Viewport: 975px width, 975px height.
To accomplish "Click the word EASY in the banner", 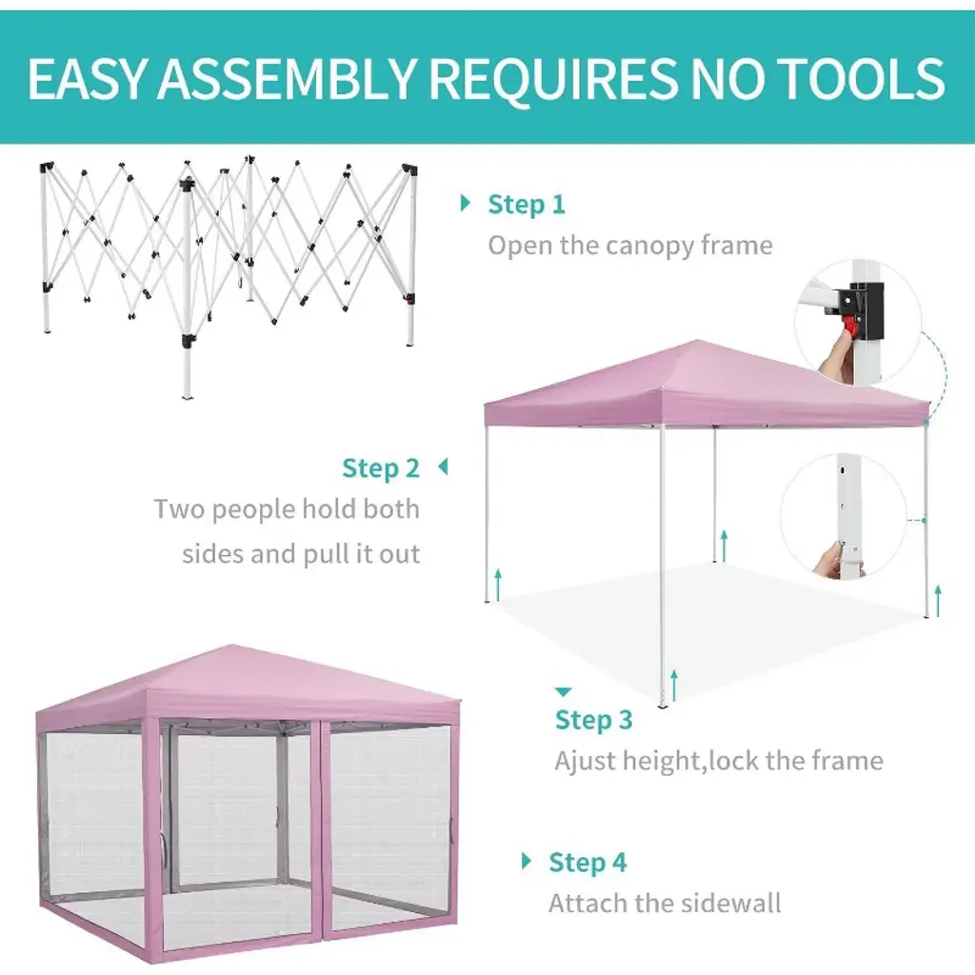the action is pos(87,78).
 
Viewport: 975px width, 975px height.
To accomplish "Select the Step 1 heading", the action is pos(526,204).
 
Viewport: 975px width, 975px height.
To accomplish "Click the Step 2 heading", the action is pos(381,468).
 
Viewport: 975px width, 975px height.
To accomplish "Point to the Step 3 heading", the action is pos(594,720).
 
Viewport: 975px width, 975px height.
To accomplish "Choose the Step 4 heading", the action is pos(587,862).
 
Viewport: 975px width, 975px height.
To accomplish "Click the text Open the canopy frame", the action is pos(630,246).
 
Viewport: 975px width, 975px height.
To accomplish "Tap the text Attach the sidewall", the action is pos(664,903).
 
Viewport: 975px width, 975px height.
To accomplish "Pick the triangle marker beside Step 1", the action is pos(465,203).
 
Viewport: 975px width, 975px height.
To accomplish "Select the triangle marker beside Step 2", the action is pos(444,467).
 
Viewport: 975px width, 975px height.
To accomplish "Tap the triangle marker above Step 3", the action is pos(563,692).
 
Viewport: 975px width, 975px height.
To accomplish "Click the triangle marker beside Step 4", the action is pos(526,861).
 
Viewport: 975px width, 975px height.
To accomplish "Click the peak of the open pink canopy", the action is pos(698,341).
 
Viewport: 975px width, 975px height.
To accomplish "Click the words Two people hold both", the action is pos(287,510).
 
